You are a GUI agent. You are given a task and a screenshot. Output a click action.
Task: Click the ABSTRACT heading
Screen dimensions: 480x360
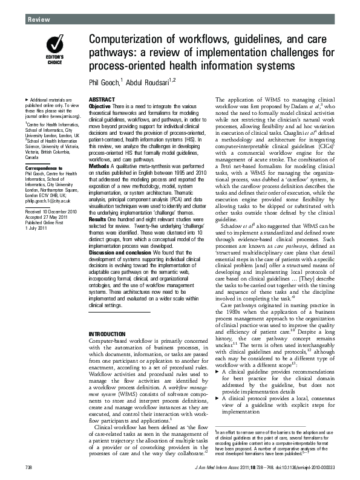99,99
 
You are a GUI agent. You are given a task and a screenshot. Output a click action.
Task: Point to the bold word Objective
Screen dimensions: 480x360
100,106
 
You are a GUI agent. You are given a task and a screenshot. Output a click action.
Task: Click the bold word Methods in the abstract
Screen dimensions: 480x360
99,165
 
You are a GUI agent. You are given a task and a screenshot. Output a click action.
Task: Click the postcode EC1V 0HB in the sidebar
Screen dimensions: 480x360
51,194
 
